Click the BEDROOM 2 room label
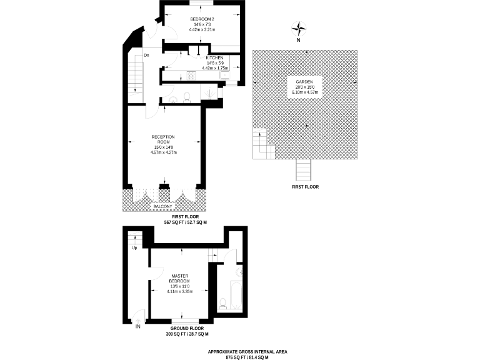[x=202, y=19]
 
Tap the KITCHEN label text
[x=214, y=57]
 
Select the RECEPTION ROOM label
[x=162, y=139]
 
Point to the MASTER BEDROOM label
[x=179, y=277]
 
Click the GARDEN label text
[x=304, y=81]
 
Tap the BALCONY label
[x=162, y=206]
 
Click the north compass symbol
[x=299, y=29]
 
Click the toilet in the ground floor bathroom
[x=223, y=304]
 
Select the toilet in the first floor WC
[x=186, y=97]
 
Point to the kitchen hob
[x=191, y=76]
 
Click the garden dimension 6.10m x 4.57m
[x=304, y=92]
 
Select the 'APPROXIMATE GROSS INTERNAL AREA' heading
[x=239, y=352]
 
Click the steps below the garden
[x=304, y=169]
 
